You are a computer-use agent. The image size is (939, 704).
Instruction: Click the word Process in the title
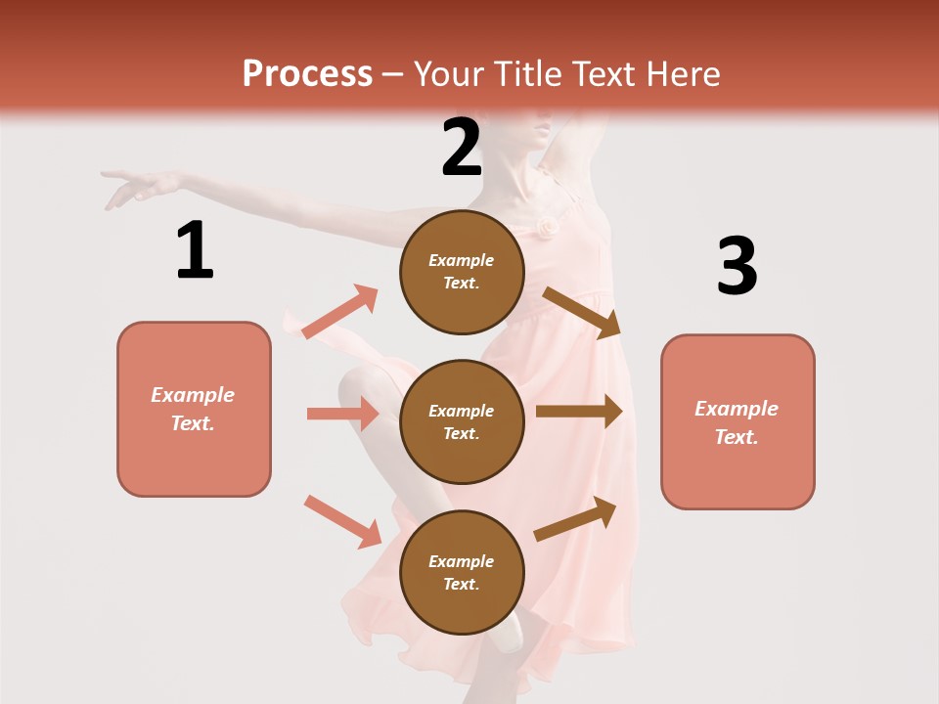pos(307,74)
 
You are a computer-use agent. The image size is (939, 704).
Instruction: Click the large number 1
pos(195,250)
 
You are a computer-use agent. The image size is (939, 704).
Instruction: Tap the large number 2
pos(462,148)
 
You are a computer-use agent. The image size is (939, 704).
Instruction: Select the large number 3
pos(737,267)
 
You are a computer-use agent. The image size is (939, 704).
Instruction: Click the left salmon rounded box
pos(194,409)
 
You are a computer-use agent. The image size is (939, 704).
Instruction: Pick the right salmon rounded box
pos(738,422)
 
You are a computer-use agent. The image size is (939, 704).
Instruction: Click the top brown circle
pos(462,272)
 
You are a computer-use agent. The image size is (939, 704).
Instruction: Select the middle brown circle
pos(462,422)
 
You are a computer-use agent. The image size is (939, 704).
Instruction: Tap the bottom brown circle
pos(462,573)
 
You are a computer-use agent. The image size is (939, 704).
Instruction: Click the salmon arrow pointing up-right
pos(340,312)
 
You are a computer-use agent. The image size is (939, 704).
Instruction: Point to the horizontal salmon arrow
pos(342,414)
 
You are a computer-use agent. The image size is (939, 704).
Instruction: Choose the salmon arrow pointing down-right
pos(342,520)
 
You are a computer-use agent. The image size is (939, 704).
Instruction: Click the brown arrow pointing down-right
pos(582,312)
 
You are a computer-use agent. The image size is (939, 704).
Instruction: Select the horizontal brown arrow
pos(579,412)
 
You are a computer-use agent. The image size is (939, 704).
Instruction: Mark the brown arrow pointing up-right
pos(576,518)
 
